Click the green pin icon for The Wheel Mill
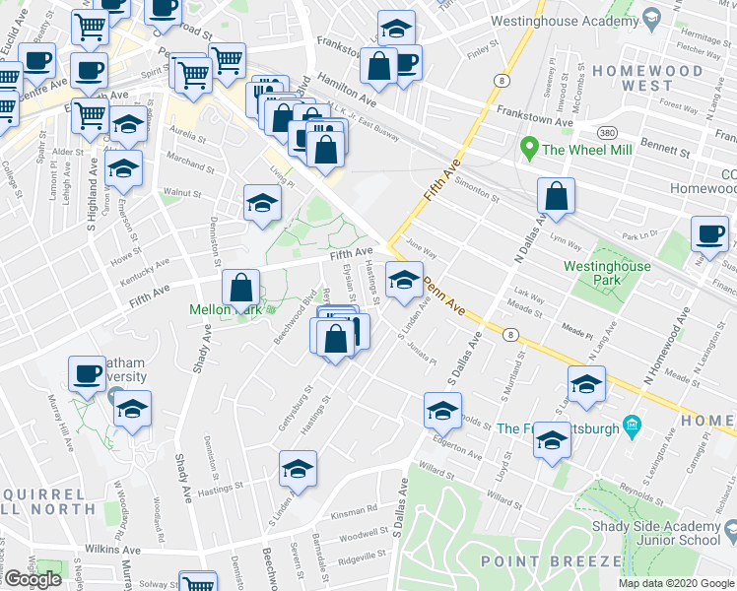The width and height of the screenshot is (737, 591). pos(529,151)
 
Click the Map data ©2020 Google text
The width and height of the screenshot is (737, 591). pos(676,583)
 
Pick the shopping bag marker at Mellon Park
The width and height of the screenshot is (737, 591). pos(241,288)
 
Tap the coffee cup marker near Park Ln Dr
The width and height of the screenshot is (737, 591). pos(709,233)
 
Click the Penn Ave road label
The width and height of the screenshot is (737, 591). pos(444,297)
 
